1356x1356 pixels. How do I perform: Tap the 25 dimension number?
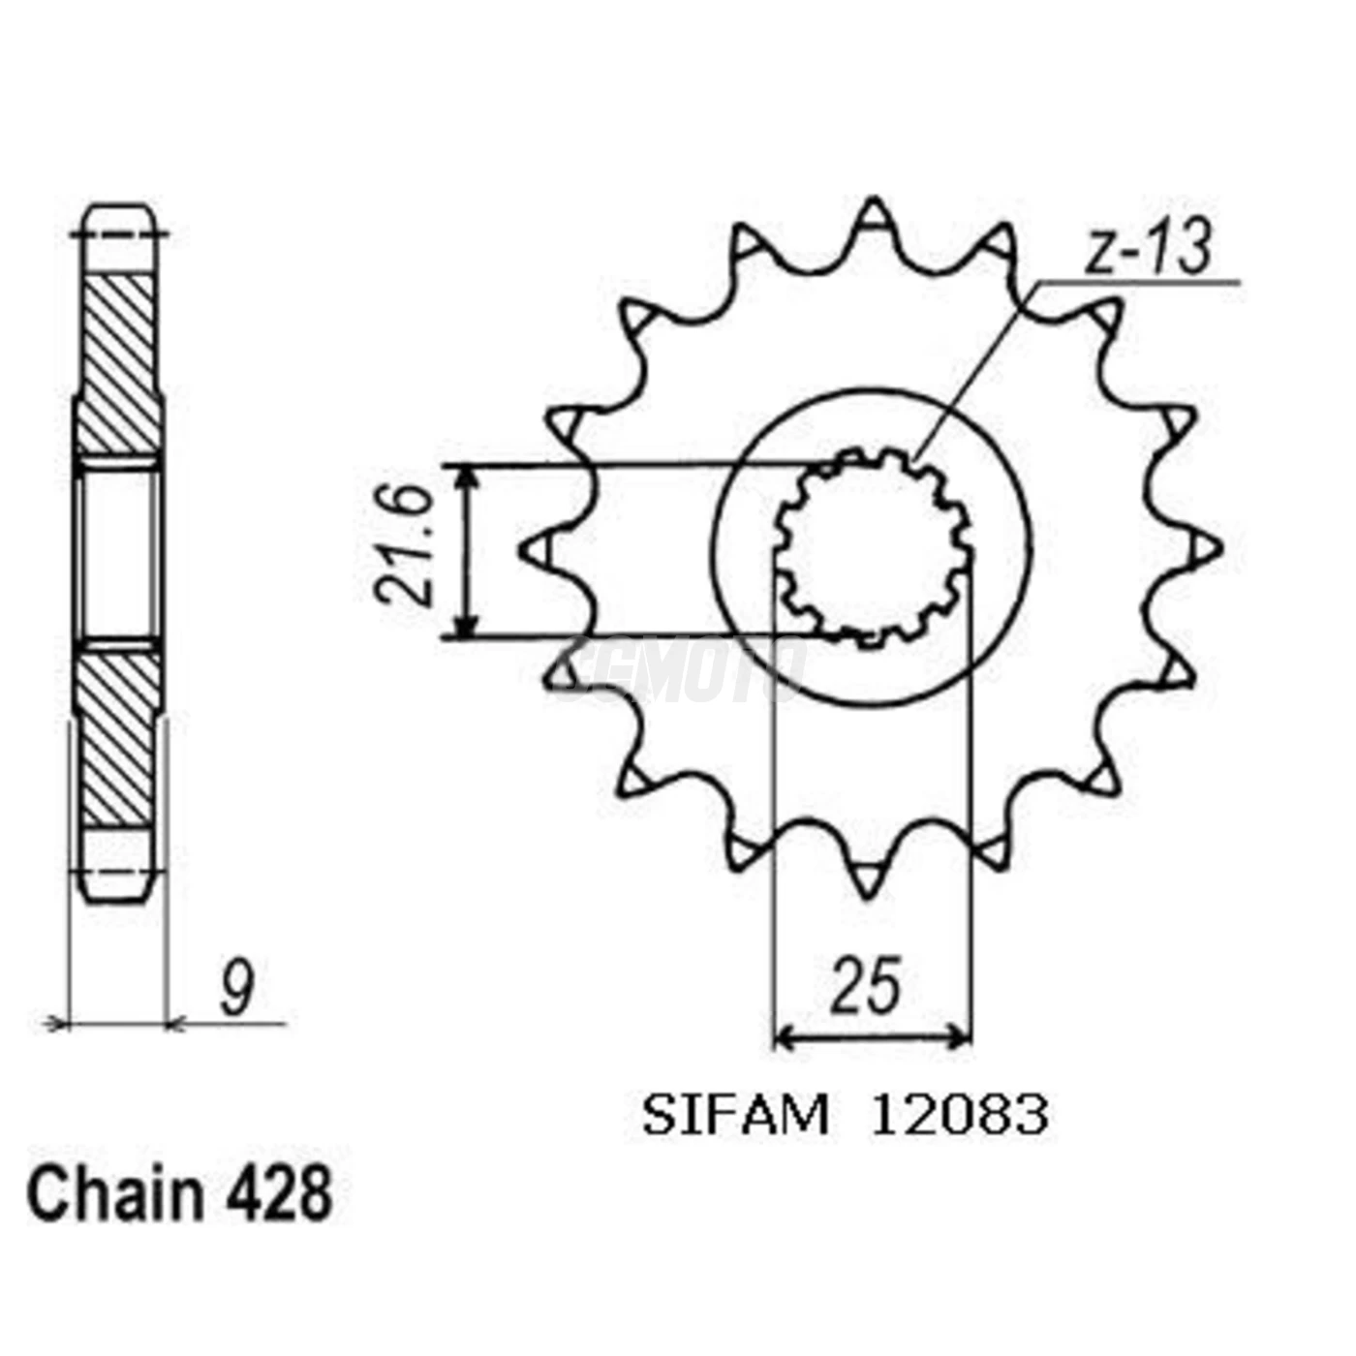pyautogui.click(x=866, y=986)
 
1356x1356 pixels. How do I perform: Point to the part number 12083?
pyautogui.click(x=959, y=1116)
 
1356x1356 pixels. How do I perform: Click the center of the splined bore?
pyautogui.click(x=873, y=548)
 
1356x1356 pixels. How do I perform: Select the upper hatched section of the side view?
pyautogui.click(x=118, y=363)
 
